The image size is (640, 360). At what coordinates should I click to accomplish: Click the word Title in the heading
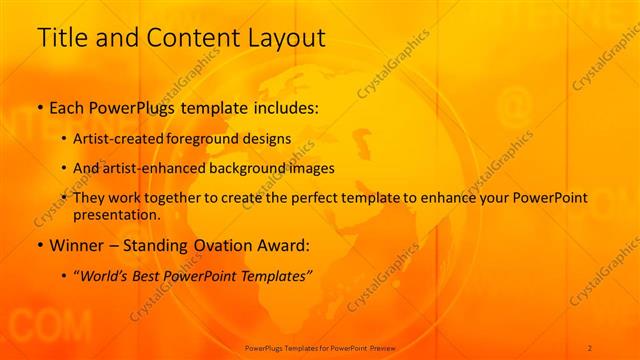60,39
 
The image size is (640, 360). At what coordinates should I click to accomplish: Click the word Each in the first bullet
68,108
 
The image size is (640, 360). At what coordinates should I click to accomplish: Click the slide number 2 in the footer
590,347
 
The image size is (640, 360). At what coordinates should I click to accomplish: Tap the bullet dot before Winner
40,244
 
